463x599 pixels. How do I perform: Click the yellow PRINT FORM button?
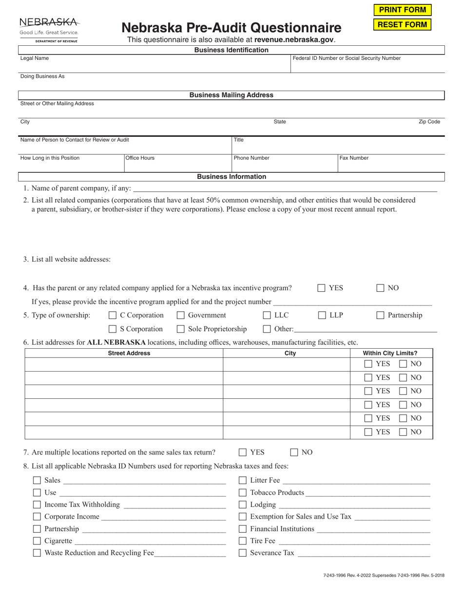coord(402,10)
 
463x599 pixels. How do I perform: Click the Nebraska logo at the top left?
coord(48,30)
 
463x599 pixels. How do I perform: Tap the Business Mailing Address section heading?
coord(231,95)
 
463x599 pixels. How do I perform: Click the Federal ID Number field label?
coord(347,58)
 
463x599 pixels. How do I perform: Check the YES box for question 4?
coord(322,288)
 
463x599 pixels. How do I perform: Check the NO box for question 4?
coord(381,288)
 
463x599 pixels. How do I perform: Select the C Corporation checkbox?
coord(113,316)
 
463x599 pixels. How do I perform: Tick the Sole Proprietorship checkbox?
coord(181,329)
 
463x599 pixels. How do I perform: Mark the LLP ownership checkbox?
coord(322,316)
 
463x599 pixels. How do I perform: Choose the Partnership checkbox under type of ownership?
coord(381,316)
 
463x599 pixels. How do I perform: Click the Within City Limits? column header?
coord(390,354)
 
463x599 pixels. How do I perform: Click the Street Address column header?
coord(129,354)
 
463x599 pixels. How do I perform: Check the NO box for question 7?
coord(294,452)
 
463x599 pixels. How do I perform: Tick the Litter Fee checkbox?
coord(243,481)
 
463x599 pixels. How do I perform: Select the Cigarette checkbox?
coord(37,541)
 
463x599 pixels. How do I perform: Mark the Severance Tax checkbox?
coord(243,553)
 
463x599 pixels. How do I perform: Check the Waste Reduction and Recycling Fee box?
coord(37,553)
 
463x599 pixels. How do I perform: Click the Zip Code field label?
coord(429,122)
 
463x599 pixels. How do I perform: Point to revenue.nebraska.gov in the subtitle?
coord(294,40)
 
